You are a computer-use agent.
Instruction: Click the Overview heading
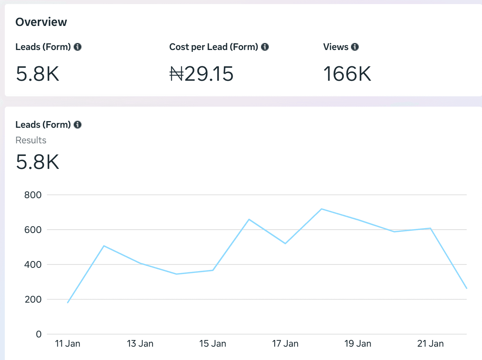click(x=41, y=22)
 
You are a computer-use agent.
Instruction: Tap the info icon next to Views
click(x=355, y=47)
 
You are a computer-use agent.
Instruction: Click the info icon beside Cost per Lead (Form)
click(x=265, y=47)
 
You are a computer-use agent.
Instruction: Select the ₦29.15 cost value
click(x=201, y=74)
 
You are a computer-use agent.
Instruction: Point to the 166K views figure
click(x=347, y=74)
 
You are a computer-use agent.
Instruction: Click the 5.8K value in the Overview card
click(x=37, y=74)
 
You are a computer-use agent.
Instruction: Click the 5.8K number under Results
click(x=37, y=162)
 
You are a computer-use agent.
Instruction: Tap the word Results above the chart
click(x=31, y=140)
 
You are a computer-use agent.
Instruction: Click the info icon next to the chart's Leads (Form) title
click(x=77, y=125)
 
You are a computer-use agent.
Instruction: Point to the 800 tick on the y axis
click(x=33, y=195)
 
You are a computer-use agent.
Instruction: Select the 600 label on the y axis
click(x=33, y=230)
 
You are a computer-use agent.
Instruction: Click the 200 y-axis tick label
click(x=33, y=300)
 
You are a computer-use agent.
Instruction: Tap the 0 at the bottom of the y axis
click(x=39, y=334)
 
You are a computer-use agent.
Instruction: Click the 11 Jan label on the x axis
click(x=67, y=344)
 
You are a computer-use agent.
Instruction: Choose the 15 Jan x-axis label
click(x=212, y=344)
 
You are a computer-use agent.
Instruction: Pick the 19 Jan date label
click(x=358, y=344)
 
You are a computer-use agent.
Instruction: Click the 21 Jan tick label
click(x=430, y=344)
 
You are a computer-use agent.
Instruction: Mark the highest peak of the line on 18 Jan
click(x=321, y=209)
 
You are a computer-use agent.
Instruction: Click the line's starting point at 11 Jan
click(x=68, y=303)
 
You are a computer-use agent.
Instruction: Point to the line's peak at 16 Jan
click(x=249, y=219)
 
